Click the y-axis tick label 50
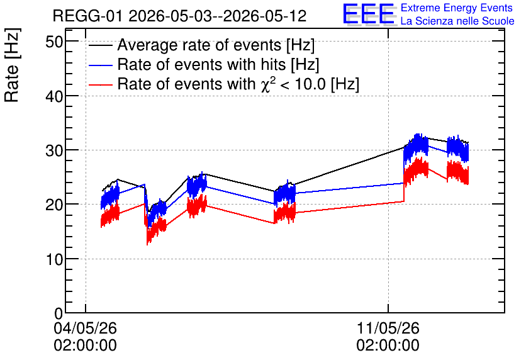point(53,42)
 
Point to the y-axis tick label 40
point(53,97)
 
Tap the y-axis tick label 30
point(53,150)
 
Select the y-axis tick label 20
point(53,205)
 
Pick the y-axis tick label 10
point(53,259)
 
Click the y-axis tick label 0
point(59,313)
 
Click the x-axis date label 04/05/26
point(85,328)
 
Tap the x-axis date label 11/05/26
point(388,328)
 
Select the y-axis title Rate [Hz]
point(12,65)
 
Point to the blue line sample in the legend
point(101,65)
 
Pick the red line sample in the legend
point(101,84)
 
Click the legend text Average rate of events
point(199,45)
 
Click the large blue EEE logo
point(369,14)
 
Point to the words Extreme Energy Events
point(457,8)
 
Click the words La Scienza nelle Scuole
point(457,21)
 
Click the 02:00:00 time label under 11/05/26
point(388,346)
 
